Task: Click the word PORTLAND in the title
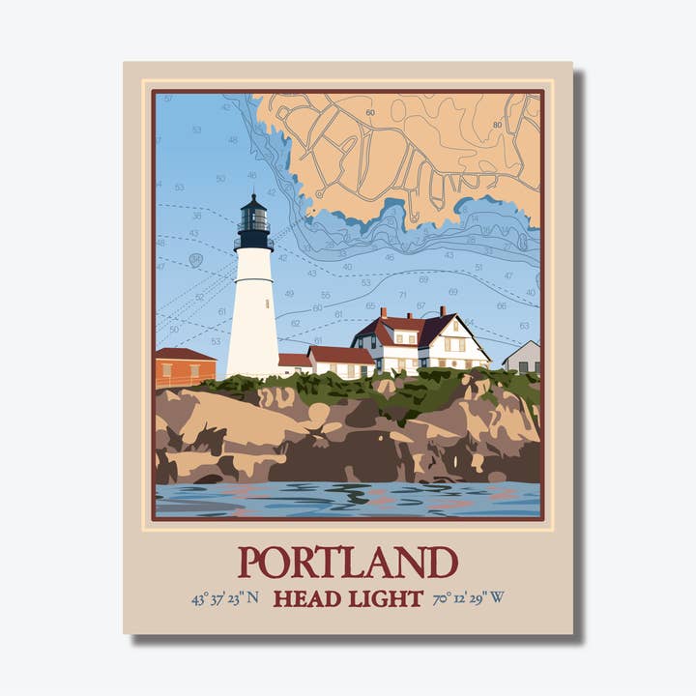[348, 563]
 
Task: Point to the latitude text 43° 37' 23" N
[224, 598]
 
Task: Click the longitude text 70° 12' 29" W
[469, 598]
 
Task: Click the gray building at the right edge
[524, 359]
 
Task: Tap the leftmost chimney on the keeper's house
[383, 313]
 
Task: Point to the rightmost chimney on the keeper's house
[443, 311]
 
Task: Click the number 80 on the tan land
[498, 125]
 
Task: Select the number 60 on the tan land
[370, 113]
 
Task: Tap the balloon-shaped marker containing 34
[195, 259]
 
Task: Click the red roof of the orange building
[184, 355]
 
